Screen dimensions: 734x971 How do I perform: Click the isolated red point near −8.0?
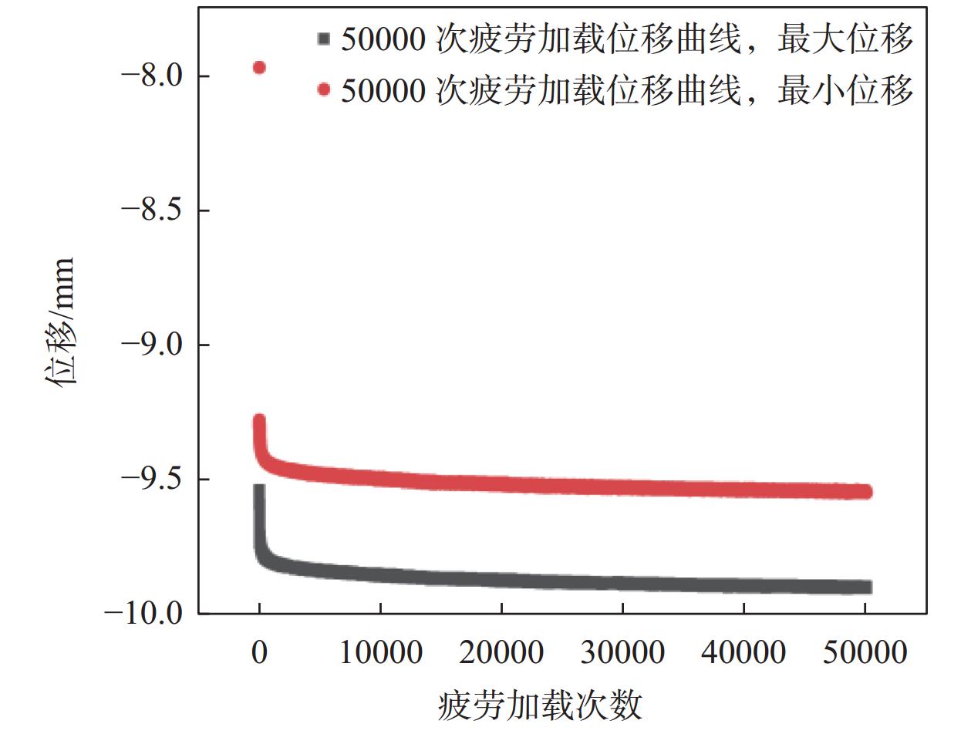(259, 68)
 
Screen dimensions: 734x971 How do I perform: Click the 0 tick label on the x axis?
(260, 652)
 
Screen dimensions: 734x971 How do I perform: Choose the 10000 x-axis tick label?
(380, 652)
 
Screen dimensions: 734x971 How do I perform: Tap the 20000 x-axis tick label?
(501, 652)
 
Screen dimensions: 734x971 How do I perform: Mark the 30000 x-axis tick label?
(622, 652)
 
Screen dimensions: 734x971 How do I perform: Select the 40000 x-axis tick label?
(743, 652)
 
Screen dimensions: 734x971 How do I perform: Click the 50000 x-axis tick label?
(864, 652)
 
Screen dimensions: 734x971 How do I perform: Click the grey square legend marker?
(324, 40)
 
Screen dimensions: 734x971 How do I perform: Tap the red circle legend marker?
(324, 90)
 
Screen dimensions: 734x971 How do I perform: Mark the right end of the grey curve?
(866, 588)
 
